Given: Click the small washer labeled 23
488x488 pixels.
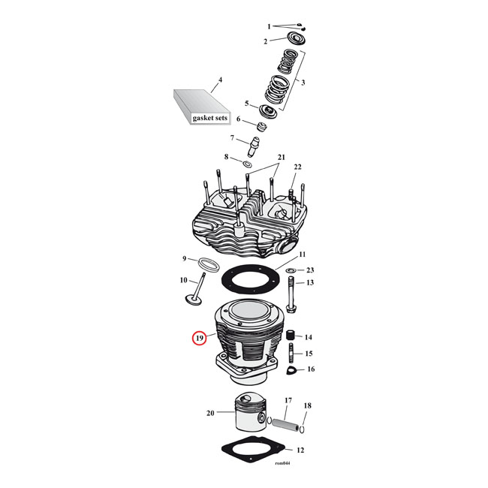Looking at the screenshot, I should click(x=291, y=270).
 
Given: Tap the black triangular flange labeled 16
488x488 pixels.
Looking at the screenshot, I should click(x=291, y=369).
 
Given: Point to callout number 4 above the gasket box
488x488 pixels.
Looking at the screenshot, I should click(x=220, y=80).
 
